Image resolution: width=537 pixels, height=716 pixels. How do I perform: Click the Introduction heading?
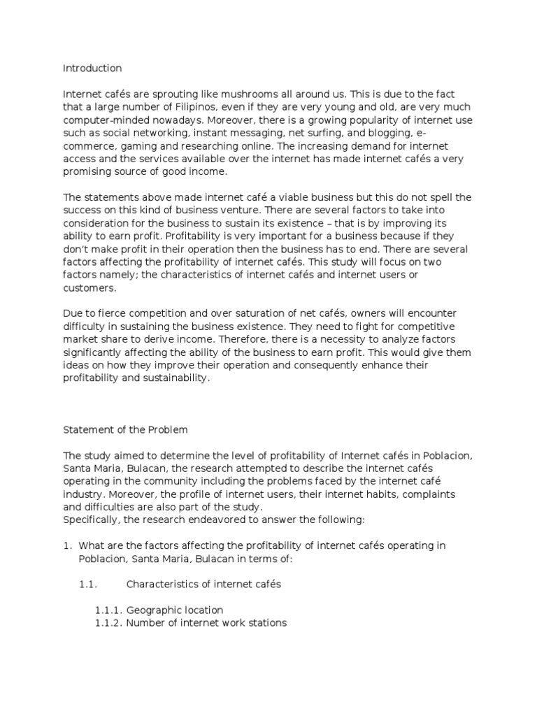click(92, 69)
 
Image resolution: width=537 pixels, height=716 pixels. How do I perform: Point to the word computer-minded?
click(107, 119)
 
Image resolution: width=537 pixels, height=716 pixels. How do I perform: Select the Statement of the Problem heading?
click(126, 429)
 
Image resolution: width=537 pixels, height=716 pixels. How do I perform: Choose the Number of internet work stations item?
click(206, 622)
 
